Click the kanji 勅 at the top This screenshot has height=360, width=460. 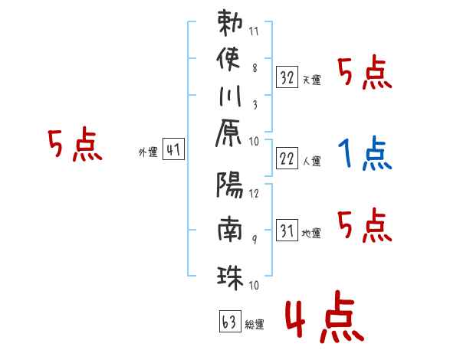(x=231, y=23)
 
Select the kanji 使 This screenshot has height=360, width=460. (x=231, y=59)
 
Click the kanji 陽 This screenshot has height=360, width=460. (x=231, y=185)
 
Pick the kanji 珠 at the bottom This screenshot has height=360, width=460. (x=231, y=273)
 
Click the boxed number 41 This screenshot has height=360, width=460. (x=173, y=151)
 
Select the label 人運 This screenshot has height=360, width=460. (x=312, y=161)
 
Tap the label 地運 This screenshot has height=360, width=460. (x=312, y=233)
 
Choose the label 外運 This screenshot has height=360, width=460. (x=147, y=153)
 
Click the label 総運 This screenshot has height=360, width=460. (x=254, y=323)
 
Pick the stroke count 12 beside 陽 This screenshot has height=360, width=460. (x=254, y=193)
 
